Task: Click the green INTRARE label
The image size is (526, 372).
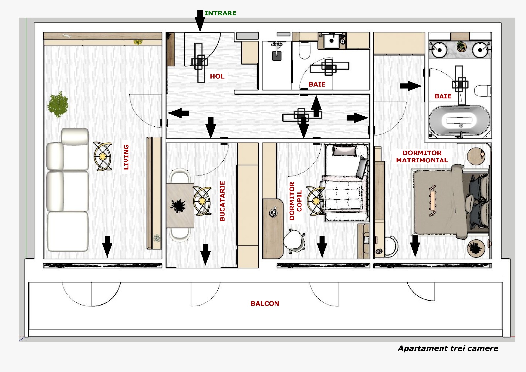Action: click(220, 13)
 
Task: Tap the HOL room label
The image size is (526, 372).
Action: click(217, 76)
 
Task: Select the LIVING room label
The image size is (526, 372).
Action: click(126, 157)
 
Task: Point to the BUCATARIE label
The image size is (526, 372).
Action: click(222, 201)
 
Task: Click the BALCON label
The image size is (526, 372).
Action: click(265, 303)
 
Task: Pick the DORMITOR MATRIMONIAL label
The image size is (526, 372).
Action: click(422, 157)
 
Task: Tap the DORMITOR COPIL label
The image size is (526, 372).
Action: click(295, 201)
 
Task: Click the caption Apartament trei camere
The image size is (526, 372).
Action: click(448, 348)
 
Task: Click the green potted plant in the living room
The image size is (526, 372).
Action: click(58, 105)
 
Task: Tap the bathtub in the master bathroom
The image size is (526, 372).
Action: click(460, 121)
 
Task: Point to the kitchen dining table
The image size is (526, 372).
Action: click(180, 205)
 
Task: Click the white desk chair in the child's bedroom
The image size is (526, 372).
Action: click(294, 241)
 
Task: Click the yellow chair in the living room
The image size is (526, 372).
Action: click(103, 156)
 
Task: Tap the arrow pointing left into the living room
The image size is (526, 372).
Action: click(178, 113)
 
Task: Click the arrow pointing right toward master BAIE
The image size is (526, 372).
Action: click(411, 86)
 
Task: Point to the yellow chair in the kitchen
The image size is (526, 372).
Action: click(202, 201)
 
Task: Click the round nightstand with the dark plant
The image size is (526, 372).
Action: click(476, 248)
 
